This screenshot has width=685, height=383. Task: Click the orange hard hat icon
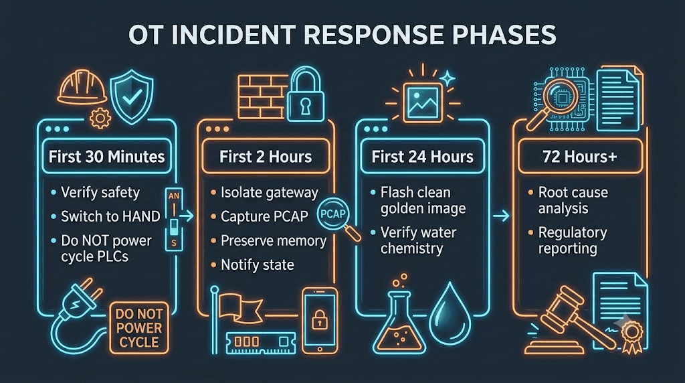click(x=82, y=88)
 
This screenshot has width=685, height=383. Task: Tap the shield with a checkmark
click(x=132, y=96)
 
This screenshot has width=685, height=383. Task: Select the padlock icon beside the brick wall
click(x=305, y=94)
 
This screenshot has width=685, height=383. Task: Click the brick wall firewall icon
click(x=262, y=96)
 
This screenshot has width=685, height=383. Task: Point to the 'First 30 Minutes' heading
click(x=106, y=157)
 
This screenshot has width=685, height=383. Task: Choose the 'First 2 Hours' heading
click(x=266, y=157)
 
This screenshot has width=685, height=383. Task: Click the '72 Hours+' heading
click(x=579, y=157)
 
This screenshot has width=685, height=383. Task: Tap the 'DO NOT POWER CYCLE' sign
click(x=139, y=327)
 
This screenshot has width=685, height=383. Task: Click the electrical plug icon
click(x=79, y=306)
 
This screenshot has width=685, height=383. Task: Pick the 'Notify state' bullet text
click(x=258, y=264)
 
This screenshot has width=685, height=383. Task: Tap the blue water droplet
click(x=450, y=314)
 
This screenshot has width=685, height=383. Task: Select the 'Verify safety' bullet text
click(x=100, y=192)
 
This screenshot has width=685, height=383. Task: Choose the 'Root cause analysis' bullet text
click(x=573, y=200)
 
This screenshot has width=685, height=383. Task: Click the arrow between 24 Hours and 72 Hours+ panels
click(x=502, y=216)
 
